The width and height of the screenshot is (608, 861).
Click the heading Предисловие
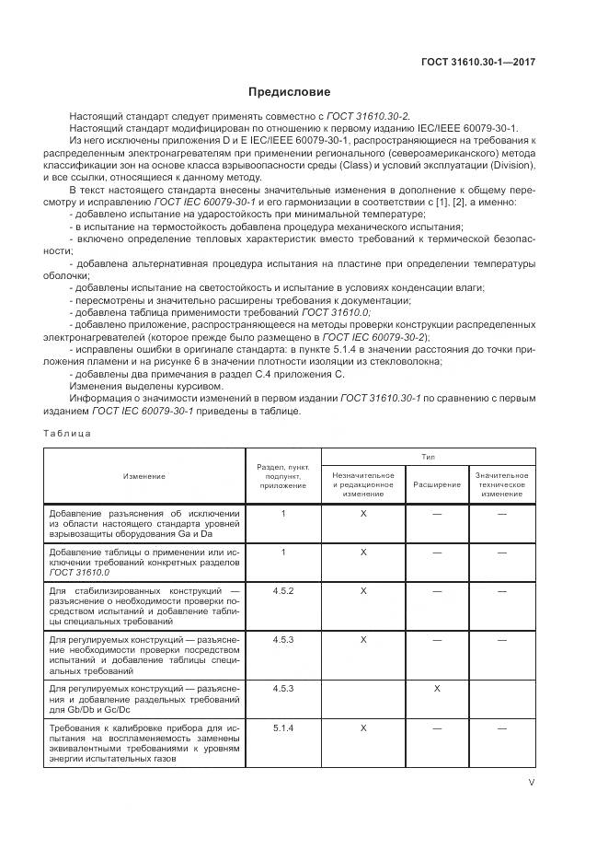click(x=289, y=92)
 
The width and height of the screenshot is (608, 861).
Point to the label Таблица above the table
click(x=67, y=433)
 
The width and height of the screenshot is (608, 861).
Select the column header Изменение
click(x=144, y=475)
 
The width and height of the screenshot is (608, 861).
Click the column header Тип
click(x=428, y=456)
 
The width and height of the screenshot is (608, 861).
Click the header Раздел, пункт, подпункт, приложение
click(x=283, y=475)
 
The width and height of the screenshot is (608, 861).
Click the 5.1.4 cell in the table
click(x=283, y=727)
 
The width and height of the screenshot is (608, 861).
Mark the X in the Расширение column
click(x=437, y=688)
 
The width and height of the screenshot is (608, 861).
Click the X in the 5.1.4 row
click(x=363, y=727)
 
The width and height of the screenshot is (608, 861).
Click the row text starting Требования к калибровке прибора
click(x=144, y=743)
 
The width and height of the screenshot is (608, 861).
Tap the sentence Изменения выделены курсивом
click(x=126, y=387)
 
